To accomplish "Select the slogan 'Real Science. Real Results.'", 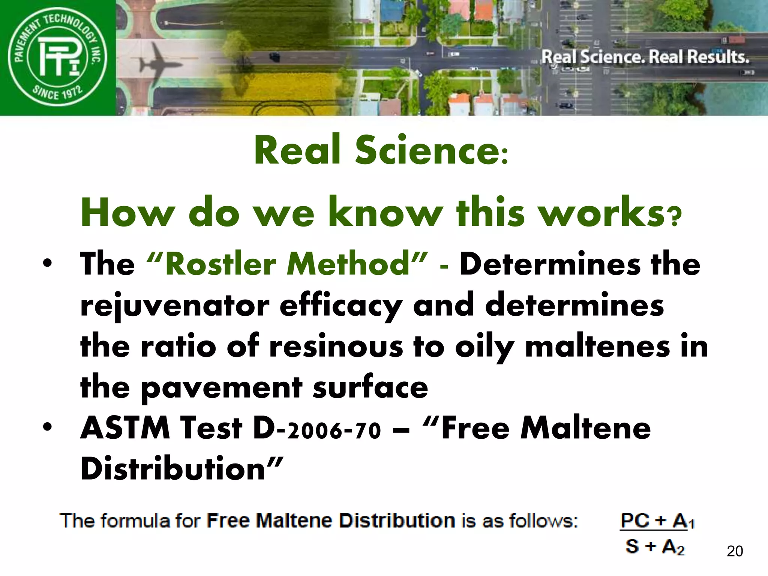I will [x=645, y=57].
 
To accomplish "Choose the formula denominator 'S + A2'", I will [x=655, y=546].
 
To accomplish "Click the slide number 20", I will [x=735, y=551].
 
